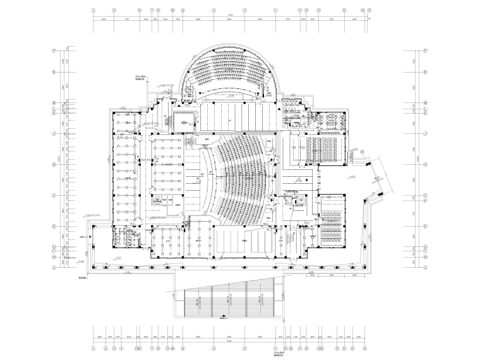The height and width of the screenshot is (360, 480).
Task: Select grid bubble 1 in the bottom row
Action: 93,347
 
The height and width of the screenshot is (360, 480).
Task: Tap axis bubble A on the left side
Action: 55,268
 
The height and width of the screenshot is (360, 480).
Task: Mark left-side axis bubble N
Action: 55,72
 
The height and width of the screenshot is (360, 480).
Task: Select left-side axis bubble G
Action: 55,195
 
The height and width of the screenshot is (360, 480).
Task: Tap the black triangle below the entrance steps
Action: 222,320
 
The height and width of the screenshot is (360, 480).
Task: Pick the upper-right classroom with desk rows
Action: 316,149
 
